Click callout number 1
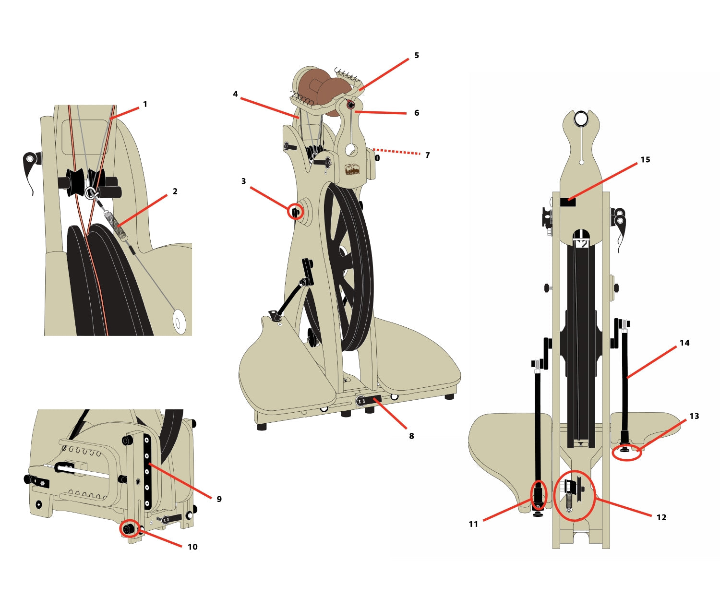pyautogui.click(x=145, y=104)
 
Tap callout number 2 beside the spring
pyautogui.click(x=175, y=191)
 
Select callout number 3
pyautogui.click(x=243, y=181)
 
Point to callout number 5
pyautogui.click(x=417, y=55)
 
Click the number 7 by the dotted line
pyautogui.click(x=427, y=155)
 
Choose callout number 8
pyautogui.click(x=411, y=436)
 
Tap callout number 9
pyautogui.click(x=219, y=499)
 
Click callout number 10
pyautogui.click(x=192, y=547)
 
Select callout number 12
pyautogui.click(x=661, y=517)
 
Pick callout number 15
pyautogui.click(x=645, y=159)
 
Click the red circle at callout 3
pyautogui.click(x=296, y=211)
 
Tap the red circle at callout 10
pyautogui.click(x=129, y=529)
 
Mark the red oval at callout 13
pyautogui.click(x=627, y=452)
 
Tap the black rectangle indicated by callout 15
pyautogui.click(x=568, y=202)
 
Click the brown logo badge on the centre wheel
pyautogui.click(x=352, y=169)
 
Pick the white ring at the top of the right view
pyautogui.click(x=581, y=118)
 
